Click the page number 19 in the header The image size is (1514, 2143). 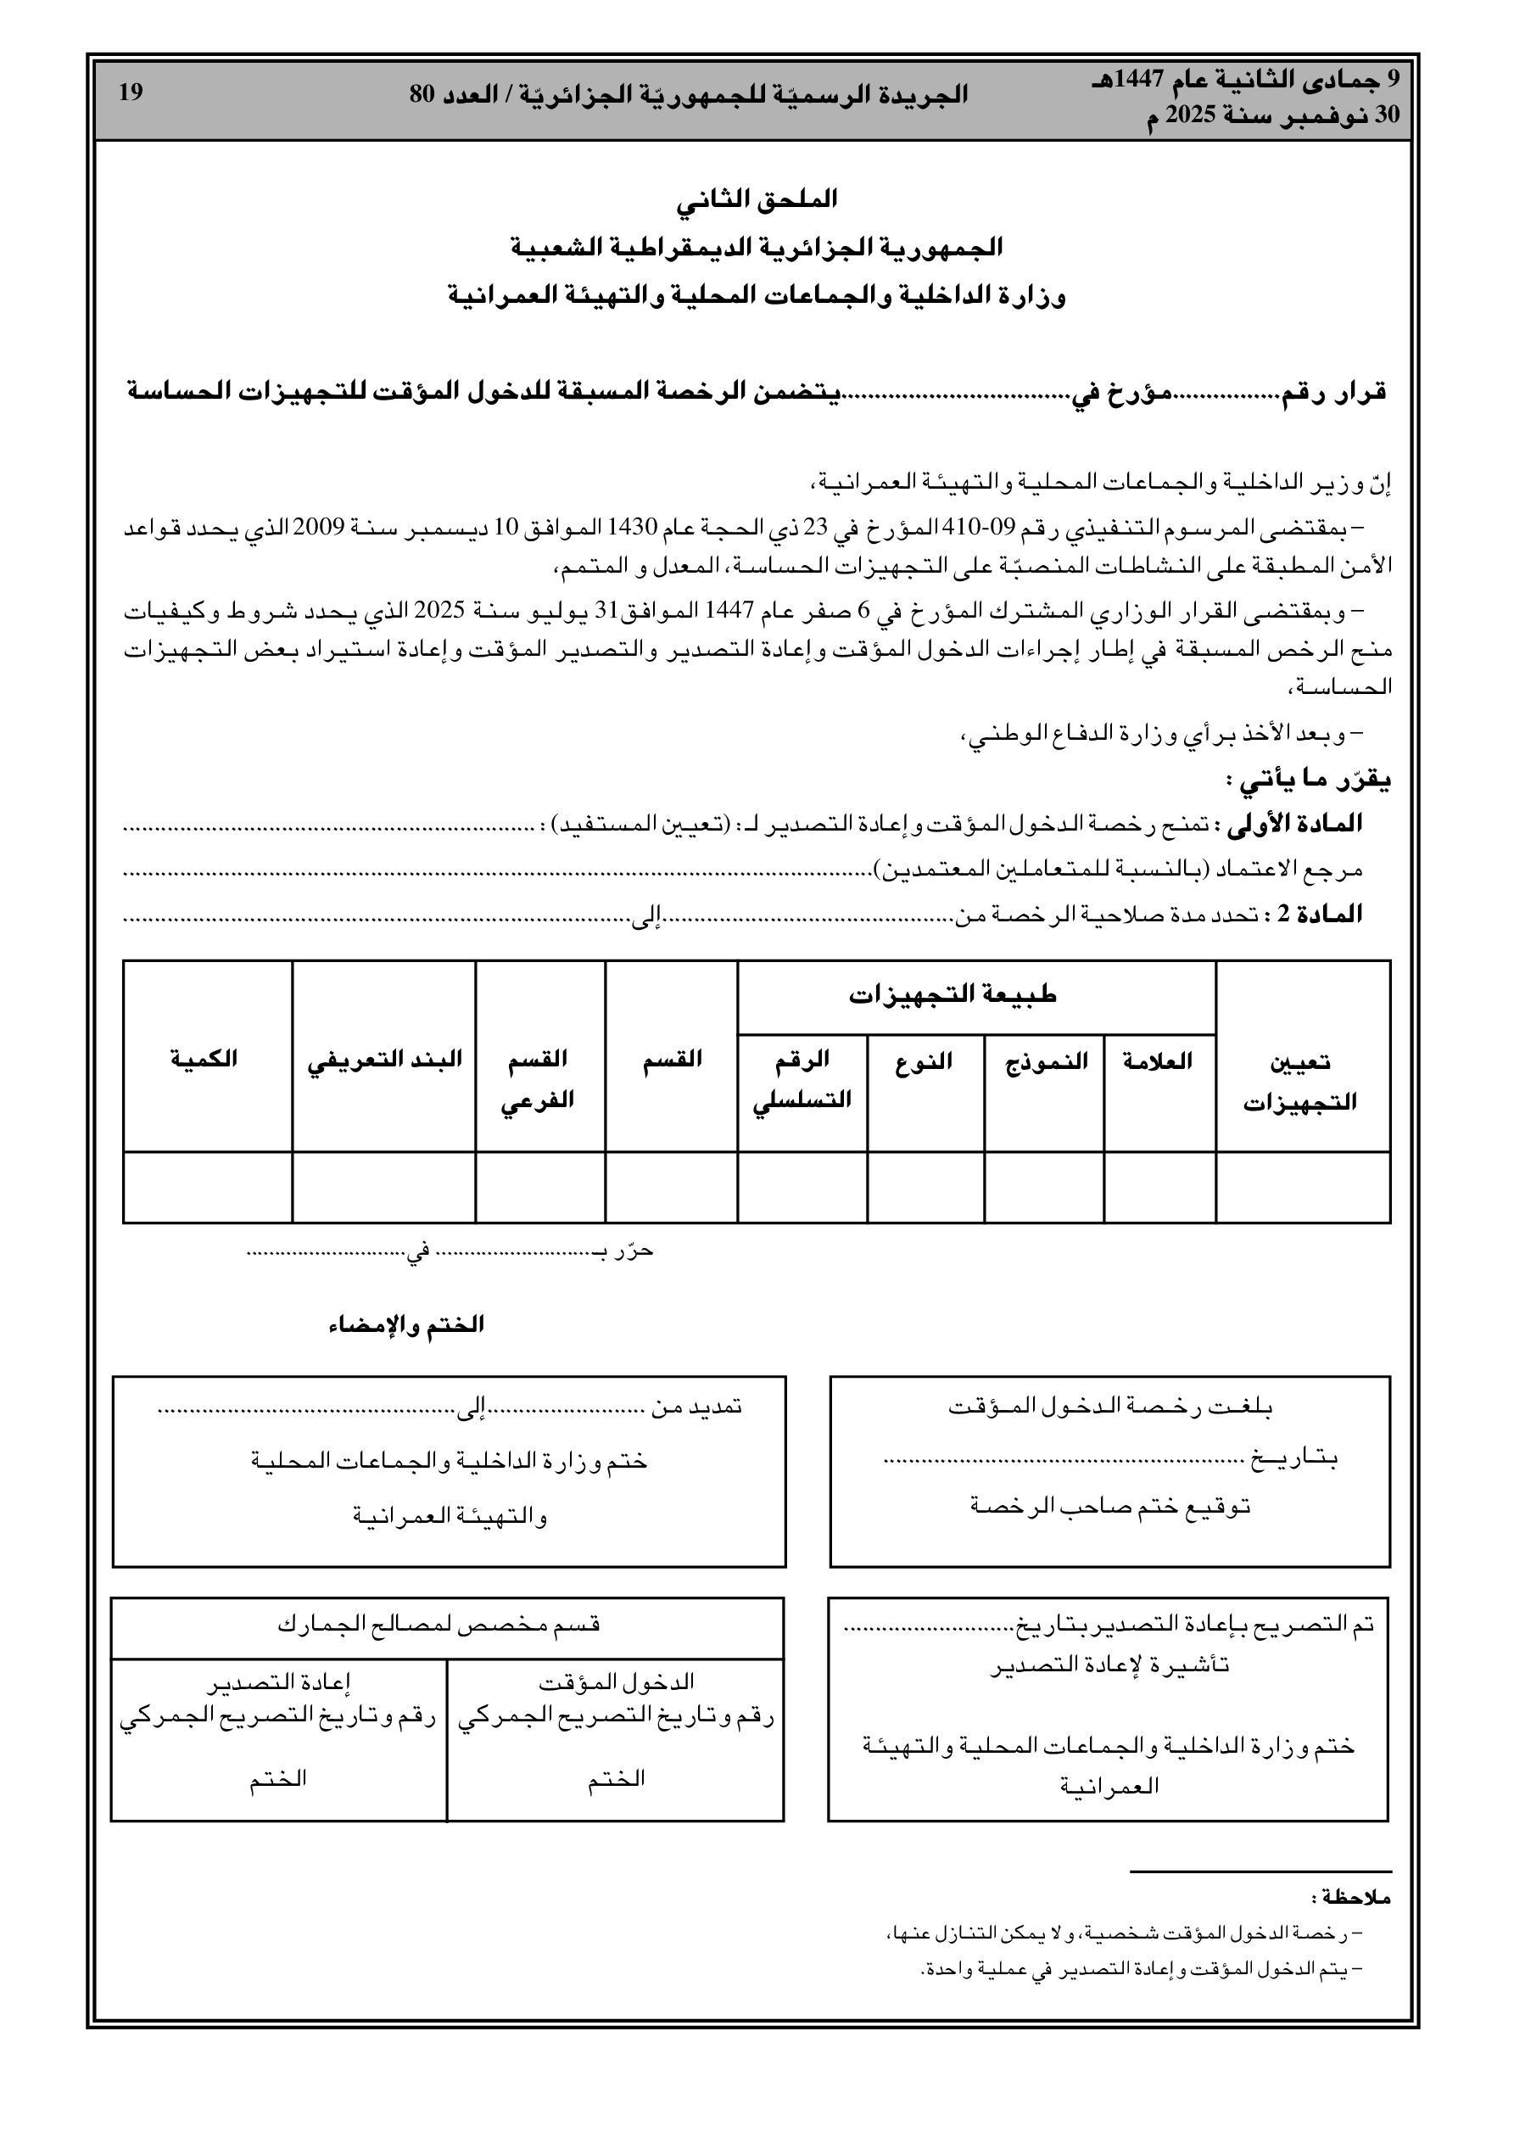pos(131,93)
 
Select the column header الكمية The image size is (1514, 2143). pos(204,1060)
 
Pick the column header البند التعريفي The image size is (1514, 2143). pos(384,1060)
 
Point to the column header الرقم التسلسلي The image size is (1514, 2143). pos(802,1079)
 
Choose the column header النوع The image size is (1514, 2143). pos(924,1061)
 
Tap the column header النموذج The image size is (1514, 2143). pos(1047,1061)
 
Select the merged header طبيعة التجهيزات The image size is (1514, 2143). pos(953,995)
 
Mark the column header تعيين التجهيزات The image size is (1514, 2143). pos(1300,1083)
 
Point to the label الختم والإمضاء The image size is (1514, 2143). pos(406,1325)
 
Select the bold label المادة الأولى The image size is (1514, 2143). pos(1295,823)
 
